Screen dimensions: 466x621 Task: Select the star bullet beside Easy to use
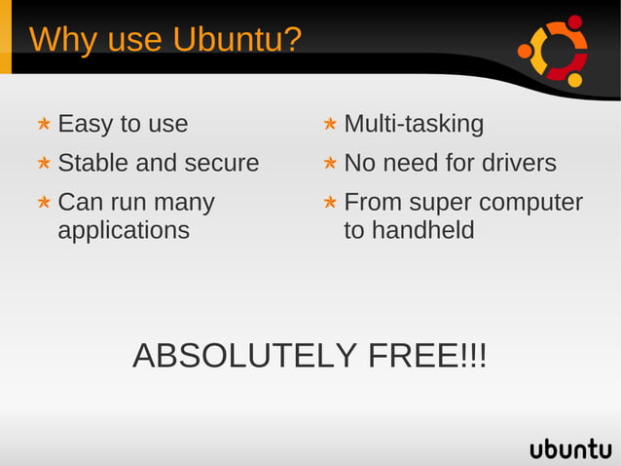tap(44, 125)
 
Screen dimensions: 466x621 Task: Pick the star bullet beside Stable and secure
tap(44, 164)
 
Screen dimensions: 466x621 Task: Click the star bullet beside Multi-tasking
tap(330, 125)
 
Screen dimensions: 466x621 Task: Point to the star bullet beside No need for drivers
tap(330, 164)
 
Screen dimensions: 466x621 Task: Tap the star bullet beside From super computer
tap(330, 203)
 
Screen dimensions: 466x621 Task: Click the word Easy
tap(85, 125)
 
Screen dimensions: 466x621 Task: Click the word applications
tap(124, 231)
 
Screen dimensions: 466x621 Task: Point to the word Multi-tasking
tap(414, 125)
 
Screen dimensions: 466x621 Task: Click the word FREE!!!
tap(427, 356)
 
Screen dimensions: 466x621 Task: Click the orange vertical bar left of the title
tap(6, 39)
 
